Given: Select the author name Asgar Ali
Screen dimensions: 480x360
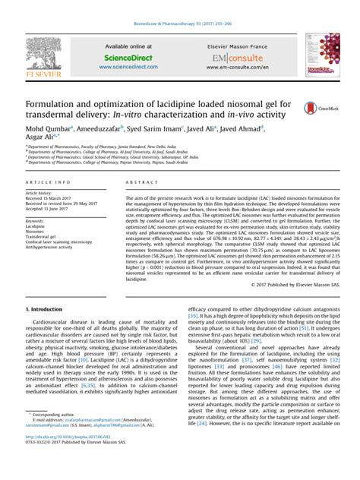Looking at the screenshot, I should [40, 140].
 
